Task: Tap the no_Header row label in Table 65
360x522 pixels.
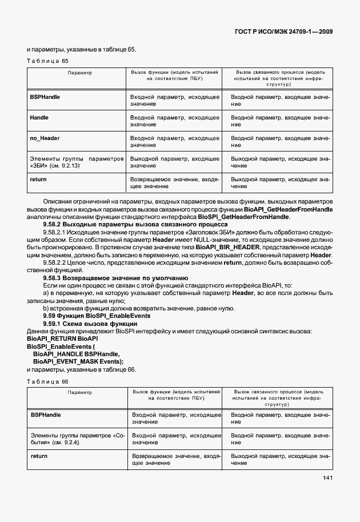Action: coord(45,138)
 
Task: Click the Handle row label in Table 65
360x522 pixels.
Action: coord(39,118)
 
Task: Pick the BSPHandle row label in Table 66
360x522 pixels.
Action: coord(45,415)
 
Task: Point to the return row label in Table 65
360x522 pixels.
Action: coord(38,180)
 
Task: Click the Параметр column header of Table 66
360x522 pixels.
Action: coord(79,393)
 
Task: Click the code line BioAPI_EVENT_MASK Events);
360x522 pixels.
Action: coord(78,362)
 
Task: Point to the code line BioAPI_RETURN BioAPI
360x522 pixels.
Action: coord(59,339)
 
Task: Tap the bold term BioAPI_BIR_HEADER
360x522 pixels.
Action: coord(227,247)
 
